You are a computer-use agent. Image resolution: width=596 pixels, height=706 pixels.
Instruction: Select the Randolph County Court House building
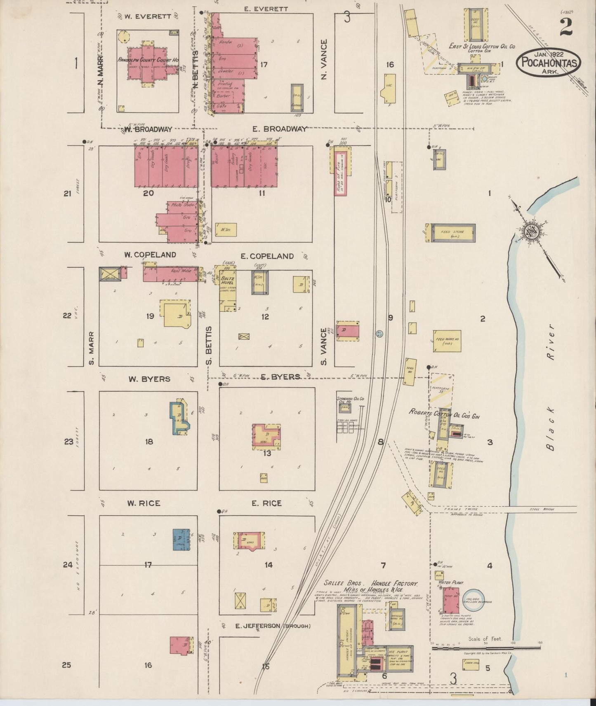click(x=148, y=64)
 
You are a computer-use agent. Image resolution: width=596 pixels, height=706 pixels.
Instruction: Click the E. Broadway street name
click(x=280, y=129)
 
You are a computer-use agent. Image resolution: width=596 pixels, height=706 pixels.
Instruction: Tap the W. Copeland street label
click(x=150, y=255)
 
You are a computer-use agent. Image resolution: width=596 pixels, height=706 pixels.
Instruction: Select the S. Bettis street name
click(x=209, y=346)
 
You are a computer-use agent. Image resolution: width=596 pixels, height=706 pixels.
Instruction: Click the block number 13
click(x=267, y=454)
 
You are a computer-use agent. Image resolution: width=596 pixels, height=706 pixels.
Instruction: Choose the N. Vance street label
click(x=324, y=59)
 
